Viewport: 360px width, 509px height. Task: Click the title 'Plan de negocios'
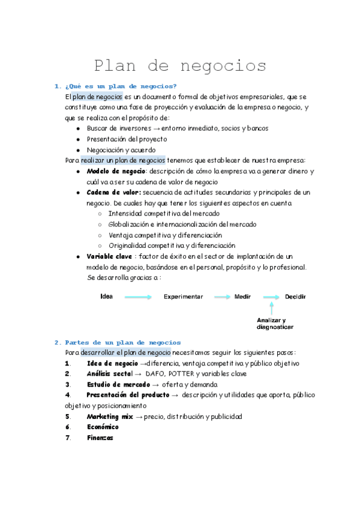point(180,65)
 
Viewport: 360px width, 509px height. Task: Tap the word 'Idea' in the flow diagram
point(107,297)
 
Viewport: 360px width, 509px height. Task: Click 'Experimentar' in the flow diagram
point(183,297)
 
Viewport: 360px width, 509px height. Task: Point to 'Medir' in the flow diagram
point(242,297)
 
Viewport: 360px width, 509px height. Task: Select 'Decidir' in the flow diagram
point(295,297)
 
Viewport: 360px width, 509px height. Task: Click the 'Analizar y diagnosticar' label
point(275,324)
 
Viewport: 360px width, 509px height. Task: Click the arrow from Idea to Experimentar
point(138,297)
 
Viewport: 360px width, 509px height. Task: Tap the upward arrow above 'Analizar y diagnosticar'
point(271,308)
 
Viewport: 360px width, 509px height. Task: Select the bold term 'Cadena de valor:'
point(114,192)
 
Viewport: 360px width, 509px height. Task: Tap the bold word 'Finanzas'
point(100,438)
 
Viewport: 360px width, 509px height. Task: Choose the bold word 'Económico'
point(103,427)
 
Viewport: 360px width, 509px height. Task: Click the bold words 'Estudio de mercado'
point(118,384)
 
